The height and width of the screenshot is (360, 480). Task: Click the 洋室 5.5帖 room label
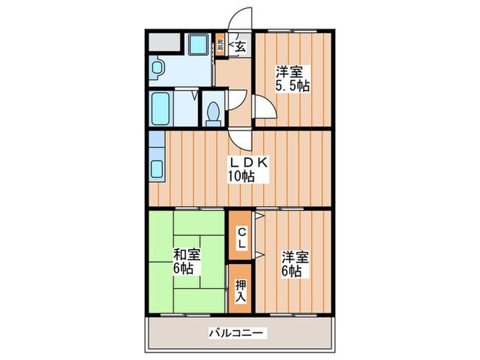(292, 79)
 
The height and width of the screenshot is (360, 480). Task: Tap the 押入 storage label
(241, 289)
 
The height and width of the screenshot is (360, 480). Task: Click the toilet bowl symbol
(213, 110)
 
